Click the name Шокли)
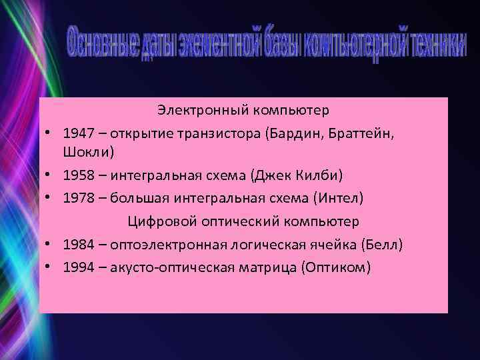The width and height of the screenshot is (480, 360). coord(89,153)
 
